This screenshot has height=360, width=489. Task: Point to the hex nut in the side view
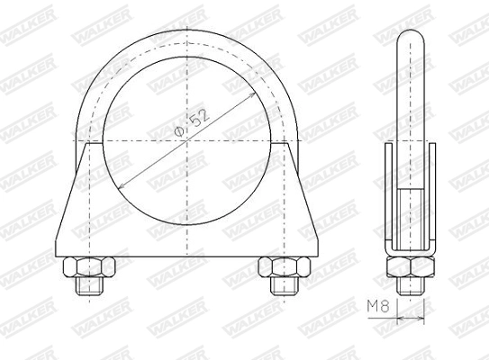point(411,266)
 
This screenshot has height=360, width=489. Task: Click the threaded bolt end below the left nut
point(89,285)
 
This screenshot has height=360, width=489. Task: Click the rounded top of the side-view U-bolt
point(411,36)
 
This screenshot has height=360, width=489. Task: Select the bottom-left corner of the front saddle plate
point(57,256)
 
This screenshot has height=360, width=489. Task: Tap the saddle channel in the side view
point(411,202)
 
